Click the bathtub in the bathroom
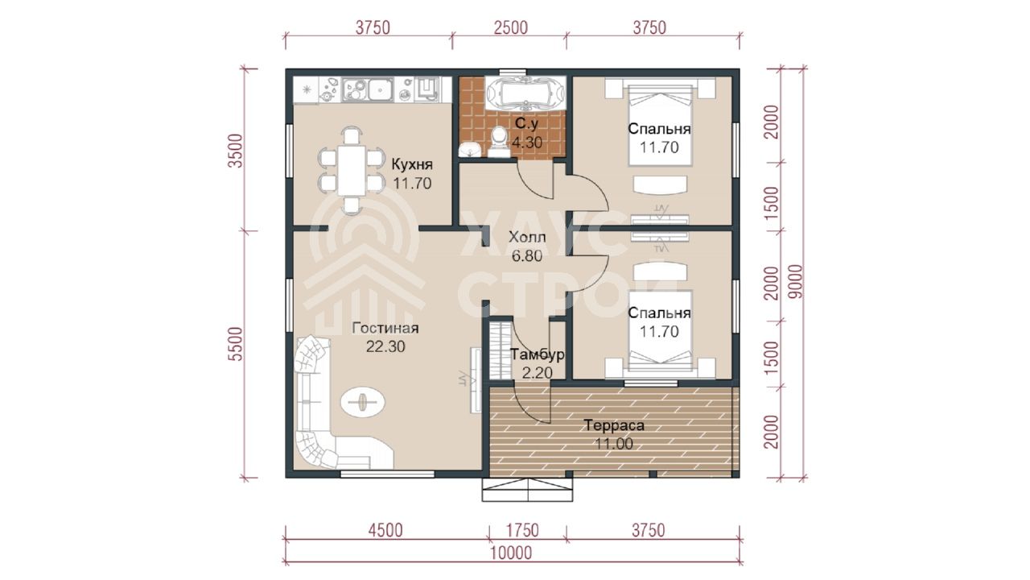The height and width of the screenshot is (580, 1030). (525, 93)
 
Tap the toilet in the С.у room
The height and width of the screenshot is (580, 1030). (498, 142)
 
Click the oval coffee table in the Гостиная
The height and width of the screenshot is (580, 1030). (362, 402)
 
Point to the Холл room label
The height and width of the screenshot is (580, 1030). (527, 238)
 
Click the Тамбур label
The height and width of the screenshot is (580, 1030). (537, 355)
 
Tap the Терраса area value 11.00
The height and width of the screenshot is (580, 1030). (614, 444)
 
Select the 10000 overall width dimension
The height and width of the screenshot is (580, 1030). (510, 553)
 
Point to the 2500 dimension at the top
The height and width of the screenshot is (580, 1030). (510, 28)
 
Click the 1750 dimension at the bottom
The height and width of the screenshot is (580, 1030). (521, 530)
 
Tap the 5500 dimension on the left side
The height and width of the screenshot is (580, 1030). (236, 343)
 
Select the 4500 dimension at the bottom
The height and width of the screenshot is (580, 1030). (385, 530)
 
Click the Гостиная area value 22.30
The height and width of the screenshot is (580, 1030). (385, 346)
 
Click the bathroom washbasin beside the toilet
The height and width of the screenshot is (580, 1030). (470, 150)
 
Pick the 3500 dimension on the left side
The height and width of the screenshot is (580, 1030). (236, 151)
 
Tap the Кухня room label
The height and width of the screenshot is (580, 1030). (412, 164)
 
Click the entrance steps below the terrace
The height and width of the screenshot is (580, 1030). (527, 490)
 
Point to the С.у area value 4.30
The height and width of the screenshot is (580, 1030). (527, 143)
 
